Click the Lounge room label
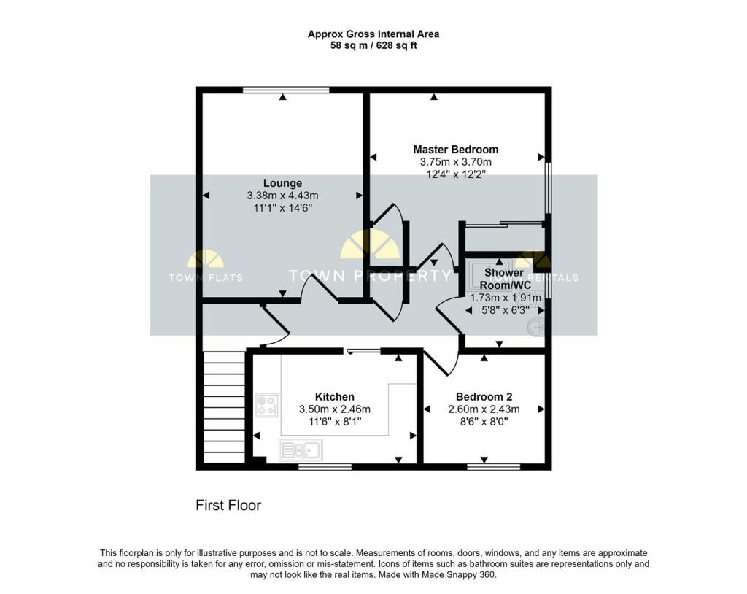coord(282,183)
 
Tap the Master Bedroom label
coord(455,150)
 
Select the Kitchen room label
coord(335,397)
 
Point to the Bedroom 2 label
coord(483,397)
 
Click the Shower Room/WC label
coord(505,279)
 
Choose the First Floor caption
coord(228,505)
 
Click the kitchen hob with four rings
coord(267,405)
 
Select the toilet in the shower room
coord(537,328)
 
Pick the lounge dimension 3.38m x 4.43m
coord(282,196)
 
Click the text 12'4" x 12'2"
coord(455,174)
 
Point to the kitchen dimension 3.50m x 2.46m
coord(335,409)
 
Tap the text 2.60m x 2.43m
coord(483,409)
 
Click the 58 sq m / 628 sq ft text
coord(373,46)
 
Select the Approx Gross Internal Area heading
coord(373,34)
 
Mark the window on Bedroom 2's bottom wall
coord(493,465)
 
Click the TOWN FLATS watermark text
coord(206,277)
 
